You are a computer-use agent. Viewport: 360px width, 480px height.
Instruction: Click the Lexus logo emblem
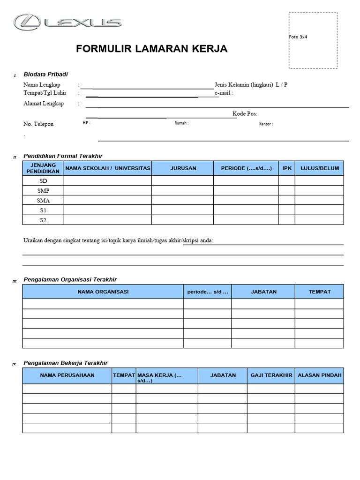point(29,22)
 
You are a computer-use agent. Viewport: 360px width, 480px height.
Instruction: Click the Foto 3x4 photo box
point(313,40)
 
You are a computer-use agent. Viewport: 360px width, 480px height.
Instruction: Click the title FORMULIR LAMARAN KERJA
point(152,49)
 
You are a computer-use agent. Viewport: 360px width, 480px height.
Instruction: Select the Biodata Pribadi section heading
point(45,75)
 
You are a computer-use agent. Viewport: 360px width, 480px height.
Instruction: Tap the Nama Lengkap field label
point(42,85)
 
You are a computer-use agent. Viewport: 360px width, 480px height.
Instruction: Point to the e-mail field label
point(224,93)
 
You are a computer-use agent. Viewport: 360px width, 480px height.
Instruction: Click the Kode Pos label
point(245,114)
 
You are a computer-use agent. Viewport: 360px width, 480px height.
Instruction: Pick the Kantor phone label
point(266,124)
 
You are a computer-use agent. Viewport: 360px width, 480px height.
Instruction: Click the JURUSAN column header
point(183,168)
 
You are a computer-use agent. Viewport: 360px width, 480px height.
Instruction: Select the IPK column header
point(287,168)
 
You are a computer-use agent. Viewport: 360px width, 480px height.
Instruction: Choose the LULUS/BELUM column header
point(319,168)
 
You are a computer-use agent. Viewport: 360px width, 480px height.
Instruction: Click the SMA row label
point(43,201)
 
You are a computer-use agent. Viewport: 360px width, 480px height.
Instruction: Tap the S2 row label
point(43,220)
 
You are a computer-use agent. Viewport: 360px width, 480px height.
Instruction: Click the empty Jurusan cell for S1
point(183,210)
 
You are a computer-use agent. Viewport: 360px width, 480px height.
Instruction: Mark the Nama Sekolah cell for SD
point(107,180)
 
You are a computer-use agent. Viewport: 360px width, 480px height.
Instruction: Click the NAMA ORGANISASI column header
point(103,292)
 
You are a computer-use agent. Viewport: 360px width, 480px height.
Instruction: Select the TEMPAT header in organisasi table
point(319,292)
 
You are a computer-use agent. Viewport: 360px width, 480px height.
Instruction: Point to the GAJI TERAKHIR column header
point(271,375)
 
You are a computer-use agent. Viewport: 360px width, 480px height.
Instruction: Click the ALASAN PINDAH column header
point(320,375)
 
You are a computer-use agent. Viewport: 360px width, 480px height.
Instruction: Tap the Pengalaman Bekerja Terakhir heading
point(66,363)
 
